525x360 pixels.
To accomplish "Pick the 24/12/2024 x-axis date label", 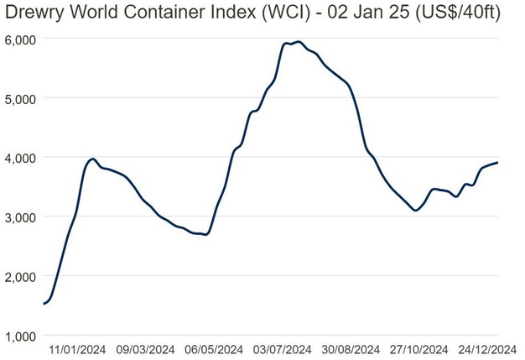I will (x=486, y=350).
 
